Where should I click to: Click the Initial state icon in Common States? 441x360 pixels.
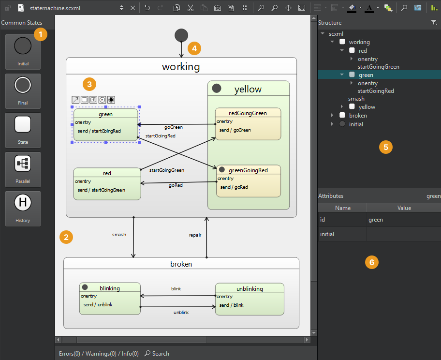pyautogui.click(x=23, y=46)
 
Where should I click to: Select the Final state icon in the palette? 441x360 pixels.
pyautogui.click(x=23, y=86)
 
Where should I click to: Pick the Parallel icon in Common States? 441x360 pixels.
pyautogui.click(x=23, y=164)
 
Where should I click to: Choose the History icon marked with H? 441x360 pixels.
pyautogui.click(x=23, y=203)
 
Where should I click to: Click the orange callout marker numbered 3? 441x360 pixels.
pyautogui.click(x=89, y=84)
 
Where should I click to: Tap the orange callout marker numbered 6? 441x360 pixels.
pyautogui.click(x=371, y=262)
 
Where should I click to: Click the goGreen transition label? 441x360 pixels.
pyautogui.click(x=174, y=127)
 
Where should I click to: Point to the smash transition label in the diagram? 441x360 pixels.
pyautogui.click(x=119, y=235)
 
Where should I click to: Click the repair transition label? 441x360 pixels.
pyautogui.click(x=195, y=235)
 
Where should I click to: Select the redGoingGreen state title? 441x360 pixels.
pyautogui.click(x=248, y=113)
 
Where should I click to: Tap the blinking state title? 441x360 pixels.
pyautogui.click(x=109, y=288)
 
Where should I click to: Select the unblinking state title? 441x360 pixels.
pyautogui.click(x=250, y=289)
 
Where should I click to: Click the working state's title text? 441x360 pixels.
pyautogui.click(x=181, y=67)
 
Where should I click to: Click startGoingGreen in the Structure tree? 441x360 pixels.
pyautogui.click(x=378, y=67)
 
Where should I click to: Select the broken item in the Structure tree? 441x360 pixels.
pyautogui.click(x=358, y=116)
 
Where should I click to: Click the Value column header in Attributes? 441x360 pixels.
pyautogui.click(x=404, y=208)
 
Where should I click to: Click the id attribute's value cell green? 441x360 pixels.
pyautogui.click(x=376, y=220)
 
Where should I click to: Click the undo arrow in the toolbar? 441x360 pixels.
pyautogui.click(x=147, y=8)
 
